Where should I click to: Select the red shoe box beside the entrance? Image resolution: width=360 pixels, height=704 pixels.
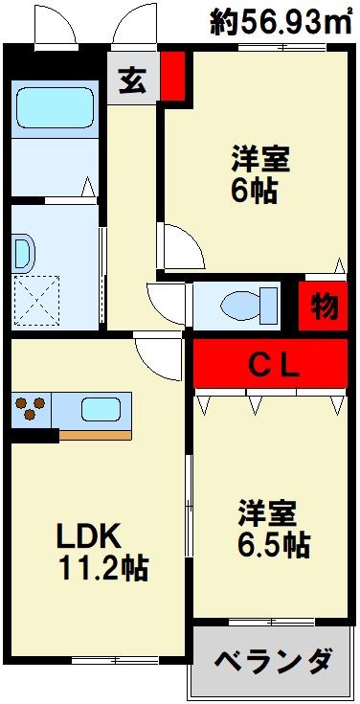point(171,76)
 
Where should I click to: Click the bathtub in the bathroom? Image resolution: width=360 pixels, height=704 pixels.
point(54,108)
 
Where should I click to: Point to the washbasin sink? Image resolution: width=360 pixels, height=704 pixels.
point(23,253)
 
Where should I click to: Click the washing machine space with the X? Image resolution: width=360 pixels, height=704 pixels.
point(36,298)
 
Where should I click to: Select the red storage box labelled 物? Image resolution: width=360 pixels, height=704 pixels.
point(324,307)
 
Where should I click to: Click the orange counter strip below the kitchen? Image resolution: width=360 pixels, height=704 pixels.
point(95,434)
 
